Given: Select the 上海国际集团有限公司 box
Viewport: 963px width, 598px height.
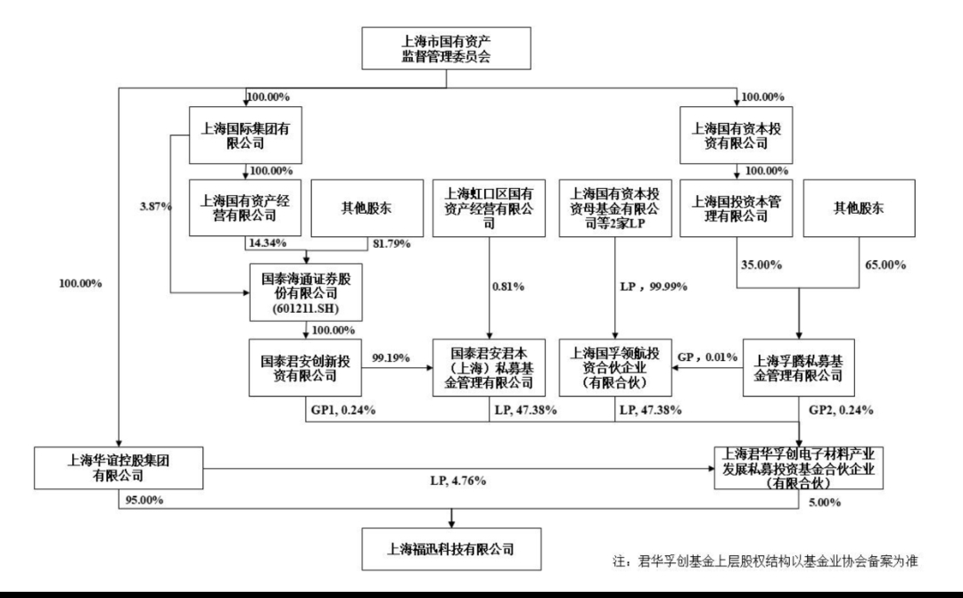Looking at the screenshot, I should point(245,135).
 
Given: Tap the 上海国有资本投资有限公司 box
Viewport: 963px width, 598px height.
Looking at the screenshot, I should point(736,135).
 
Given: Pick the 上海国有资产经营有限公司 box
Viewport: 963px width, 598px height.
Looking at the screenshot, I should point(245,207).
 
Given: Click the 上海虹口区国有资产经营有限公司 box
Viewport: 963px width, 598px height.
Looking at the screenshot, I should point(489,207).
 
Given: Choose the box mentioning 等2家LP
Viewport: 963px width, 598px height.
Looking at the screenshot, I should point(614,207).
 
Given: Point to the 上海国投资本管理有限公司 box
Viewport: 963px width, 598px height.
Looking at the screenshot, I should point(736,207).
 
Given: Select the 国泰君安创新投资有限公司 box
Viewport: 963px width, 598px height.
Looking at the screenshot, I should point(306,367).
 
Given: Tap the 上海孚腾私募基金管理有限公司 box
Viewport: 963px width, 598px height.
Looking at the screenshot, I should point(799,367).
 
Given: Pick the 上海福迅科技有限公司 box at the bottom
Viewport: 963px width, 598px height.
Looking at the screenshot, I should point(453,547).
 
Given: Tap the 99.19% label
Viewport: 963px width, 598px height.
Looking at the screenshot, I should point(391,357).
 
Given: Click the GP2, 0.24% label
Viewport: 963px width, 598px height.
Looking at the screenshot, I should point(842,411).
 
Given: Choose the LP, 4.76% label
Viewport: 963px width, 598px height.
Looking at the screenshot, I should point(452,482).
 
